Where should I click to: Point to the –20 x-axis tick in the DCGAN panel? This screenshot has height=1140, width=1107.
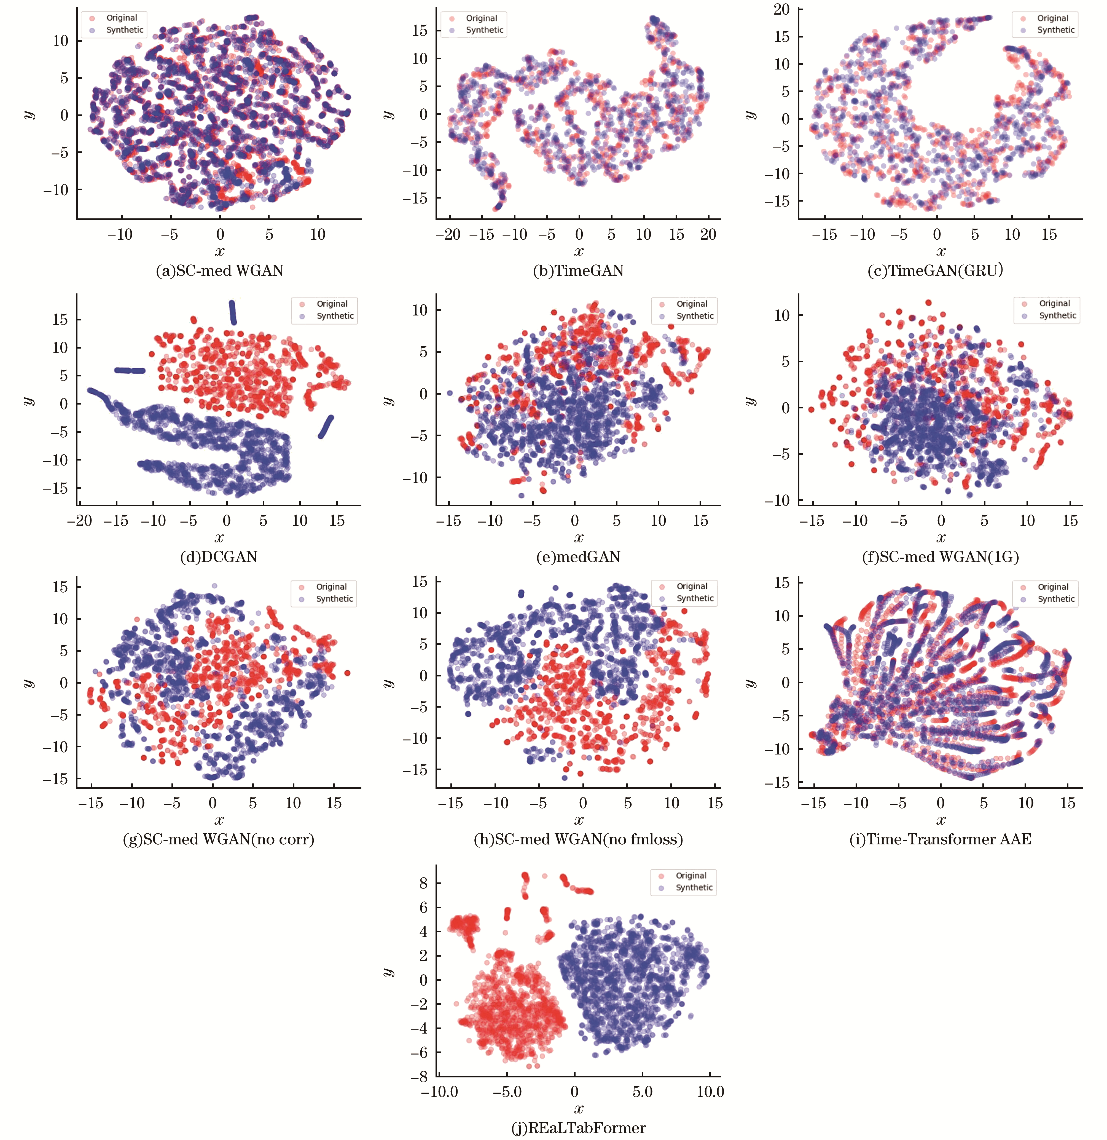[80, 521]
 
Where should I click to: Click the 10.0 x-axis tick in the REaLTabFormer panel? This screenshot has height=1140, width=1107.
[710, 1092]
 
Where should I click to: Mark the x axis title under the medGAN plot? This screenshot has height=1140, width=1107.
[579, 537]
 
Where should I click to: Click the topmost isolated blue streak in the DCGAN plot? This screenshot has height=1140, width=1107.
[233, 312]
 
